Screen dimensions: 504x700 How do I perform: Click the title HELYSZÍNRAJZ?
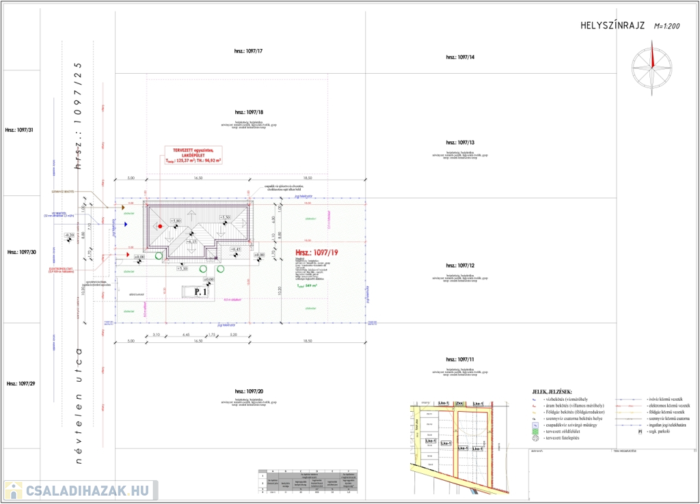pos(612,25)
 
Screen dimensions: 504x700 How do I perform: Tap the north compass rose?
pos(651,64)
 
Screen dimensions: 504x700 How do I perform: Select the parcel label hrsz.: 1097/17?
pos(248,51)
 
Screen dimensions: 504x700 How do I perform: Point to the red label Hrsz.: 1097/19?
pos(316,252)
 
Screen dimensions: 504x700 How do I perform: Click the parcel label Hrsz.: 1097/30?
pos(21,252)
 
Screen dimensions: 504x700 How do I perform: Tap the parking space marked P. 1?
pos(200,292)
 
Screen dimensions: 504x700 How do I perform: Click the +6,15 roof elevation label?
pos(191,241)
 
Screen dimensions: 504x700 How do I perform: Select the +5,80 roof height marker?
pos(176,221)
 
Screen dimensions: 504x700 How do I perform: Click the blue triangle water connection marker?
pos(126,223)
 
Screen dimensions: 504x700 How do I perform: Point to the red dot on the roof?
pos(159,225)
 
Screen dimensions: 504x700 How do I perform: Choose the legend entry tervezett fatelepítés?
pos(560,438)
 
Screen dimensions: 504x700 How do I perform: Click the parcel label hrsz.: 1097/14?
pos(460,57)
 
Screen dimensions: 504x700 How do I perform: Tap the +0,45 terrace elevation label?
pos(234,249)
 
